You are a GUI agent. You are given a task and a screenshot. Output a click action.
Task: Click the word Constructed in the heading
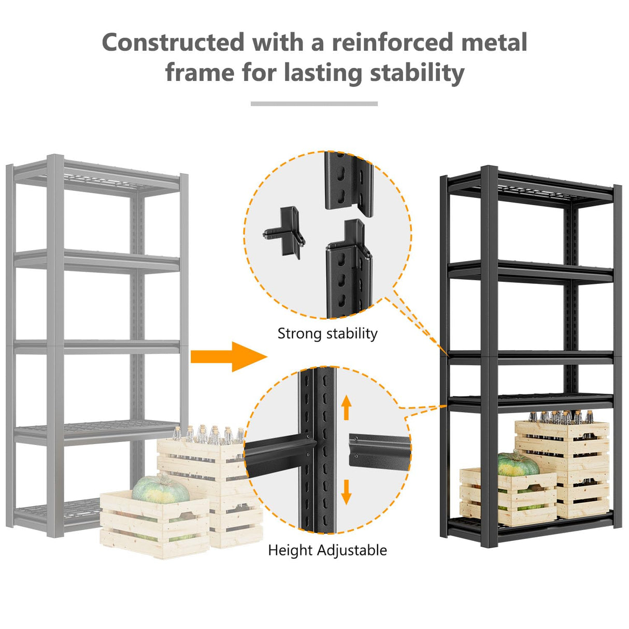[x=173, y=42]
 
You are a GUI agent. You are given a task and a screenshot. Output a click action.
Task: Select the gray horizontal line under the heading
[x=314, y=104]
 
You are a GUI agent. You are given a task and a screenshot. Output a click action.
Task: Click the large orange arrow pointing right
[x=228, y=356]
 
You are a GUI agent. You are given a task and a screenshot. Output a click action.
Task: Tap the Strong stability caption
[x=327, y=333]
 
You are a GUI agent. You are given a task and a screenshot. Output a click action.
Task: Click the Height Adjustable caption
[x=327, y=550]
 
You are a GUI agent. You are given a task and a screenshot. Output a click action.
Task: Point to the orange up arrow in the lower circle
[x=347, y=407]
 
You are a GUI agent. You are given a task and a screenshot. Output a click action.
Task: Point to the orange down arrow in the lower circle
[x=347, y=491]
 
